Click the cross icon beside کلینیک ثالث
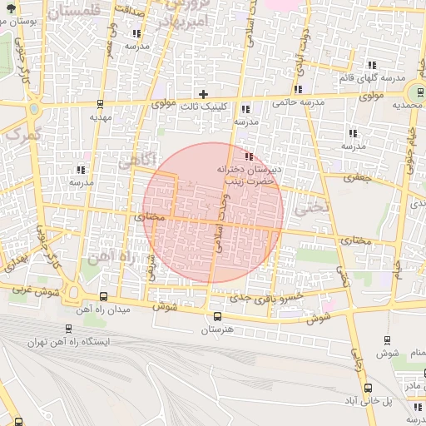pyautogui.click(x=203, y=94)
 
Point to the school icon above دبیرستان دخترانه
pyautogui.click(x=249, y=156)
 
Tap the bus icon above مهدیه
pyautogui.click(x=100, y=105)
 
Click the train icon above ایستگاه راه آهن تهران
pyautogui.click(x=67, y=329)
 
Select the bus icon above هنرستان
pyautogui.click(x=217, y=316)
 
